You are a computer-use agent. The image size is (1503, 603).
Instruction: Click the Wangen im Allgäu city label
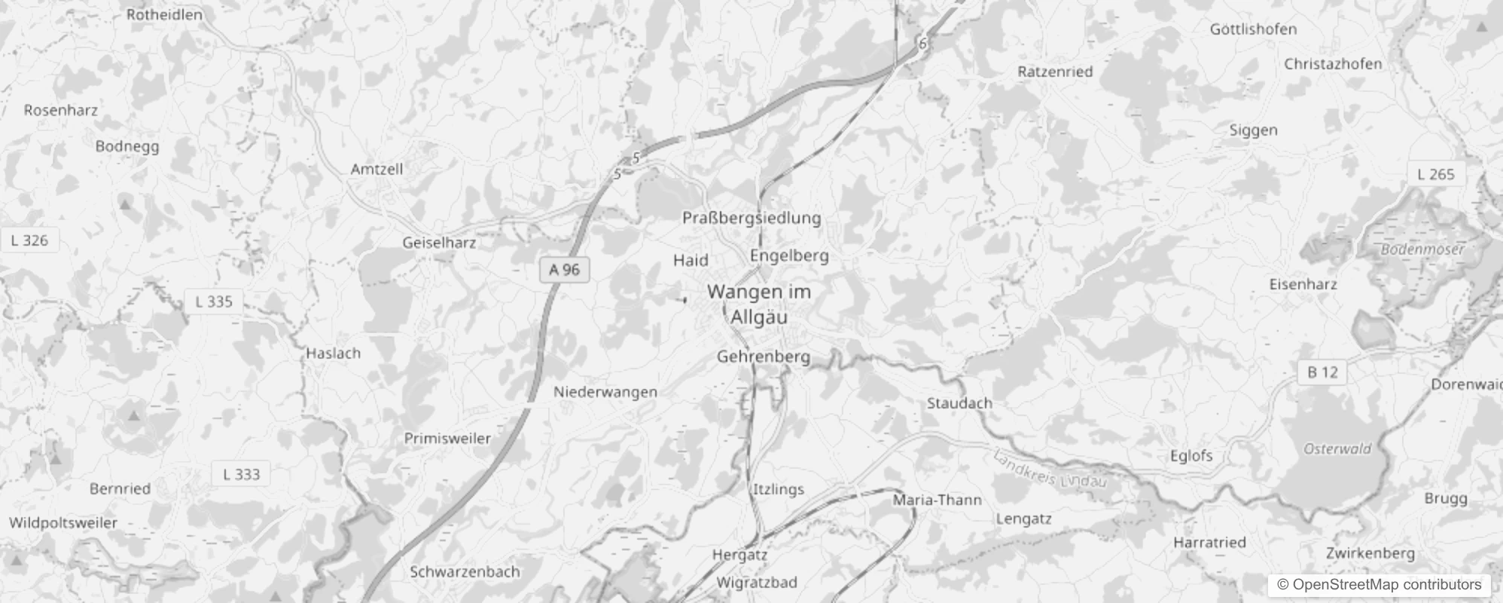(x=759, y=304)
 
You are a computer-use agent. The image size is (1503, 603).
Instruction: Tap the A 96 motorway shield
(x=564, y=270)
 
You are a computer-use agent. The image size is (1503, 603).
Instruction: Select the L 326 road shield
(x=30, y=240)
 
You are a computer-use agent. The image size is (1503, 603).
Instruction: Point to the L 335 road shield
(x=214, y=301)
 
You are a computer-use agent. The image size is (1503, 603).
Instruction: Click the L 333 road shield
(x=241, y=474)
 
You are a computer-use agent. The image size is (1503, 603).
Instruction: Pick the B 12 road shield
(x=1322, y=372)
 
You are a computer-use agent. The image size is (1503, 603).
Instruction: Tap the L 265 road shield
(x=1436, y=174)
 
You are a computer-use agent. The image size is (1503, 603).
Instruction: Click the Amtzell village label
(x=377, y=169)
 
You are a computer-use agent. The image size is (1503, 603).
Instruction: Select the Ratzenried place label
(x=1054, y=72)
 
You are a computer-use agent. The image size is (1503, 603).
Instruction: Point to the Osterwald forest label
(x=1337, y=448)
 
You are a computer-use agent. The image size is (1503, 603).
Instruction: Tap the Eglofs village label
(x=1191, y=455)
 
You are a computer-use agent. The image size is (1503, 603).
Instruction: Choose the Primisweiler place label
(x=447, y=438)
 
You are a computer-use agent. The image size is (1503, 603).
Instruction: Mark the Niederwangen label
(x=605, y=392)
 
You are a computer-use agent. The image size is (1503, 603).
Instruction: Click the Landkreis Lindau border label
(x=1050, y=469)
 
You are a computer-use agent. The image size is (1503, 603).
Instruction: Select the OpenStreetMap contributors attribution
(x=1380, y=584)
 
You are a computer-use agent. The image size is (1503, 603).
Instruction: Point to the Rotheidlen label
(x=164, y=14)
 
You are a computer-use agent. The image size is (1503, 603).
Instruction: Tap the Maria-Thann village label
(x=937, y=500)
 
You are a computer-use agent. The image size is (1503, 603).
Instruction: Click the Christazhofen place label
(x=1333, y=64)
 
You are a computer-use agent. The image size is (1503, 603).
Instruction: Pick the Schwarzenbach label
(x=465, y=571)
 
